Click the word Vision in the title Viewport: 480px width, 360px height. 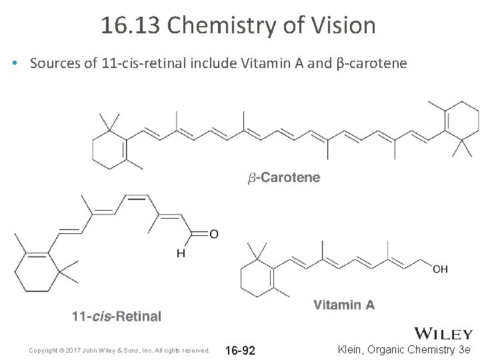344,25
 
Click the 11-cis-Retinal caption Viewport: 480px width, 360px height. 117,316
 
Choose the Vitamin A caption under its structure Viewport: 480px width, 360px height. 343,305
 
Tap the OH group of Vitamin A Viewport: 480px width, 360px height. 440,269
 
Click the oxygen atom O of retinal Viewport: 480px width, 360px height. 213,233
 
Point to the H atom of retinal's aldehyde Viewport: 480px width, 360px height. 181,253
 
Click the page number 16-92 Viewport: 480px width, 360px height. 240,350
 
